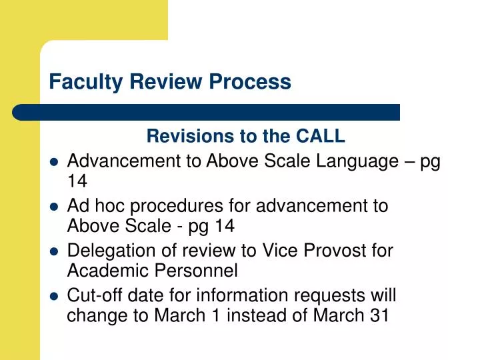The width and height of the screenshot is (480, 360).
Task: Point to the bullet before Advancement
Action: (x=55, y=162)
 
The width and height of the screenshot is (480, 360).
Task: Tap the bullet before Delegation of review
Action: (x=55, y=251)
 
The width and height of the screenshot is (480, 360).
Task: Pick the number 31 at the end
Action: (x=378, y=316)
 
